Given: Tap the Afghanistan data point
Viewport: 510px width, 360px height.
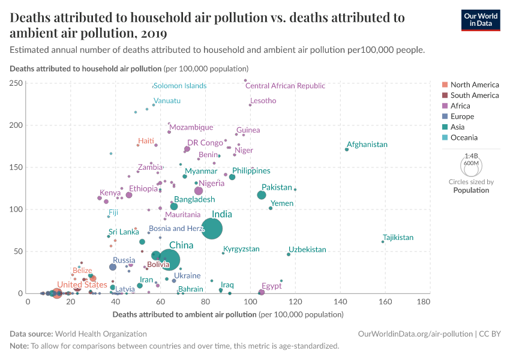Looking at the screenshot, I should coord(347,149).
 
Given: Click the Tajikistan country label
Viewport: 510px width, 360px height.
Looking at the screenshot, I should coord(398,238).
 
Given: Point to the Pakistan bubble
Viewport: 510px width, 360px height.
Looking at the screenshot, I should coord(262,195).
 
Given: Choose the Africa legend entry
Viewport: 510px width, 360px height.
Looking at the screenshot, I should coord(460,106).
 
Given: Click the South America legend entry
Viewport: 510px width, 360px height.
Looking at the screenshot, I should coord(474,95).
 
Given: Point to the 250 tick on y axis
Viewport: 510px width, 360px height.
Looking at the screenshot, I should coord(16,83).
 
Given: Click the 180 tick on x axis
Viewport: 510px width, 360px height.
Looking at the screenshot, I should coord(424,301).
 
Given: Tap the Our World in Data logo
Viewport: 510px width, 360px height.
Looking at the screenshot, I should coord(481,19).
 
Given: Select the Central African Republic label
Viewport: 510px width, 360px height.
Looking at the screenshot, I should coord(285,86).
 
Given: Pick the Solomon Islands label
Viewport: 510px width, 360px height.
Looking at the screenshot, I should coord(179,86).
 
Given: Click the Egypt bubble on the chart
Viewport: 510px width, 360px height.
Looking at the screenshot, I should coord(261,292).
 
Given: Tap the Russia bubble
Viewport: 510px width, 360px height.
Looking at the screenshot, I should coord(113,267).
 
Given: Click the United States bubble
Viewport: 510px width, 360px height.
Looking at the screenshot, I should coord(57,293).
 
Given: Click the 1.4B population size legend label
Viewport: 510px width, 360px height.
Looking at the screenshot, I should coord(471,156).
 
